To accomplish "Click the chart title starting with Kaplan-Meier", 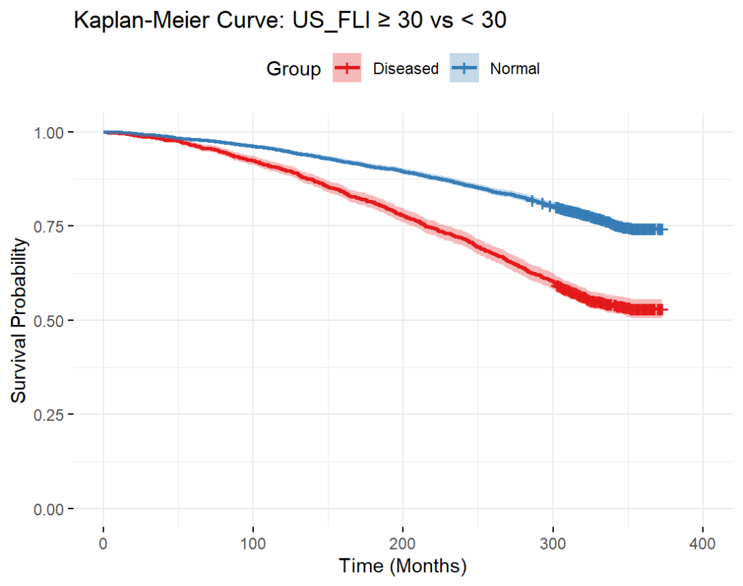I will [x=290, y=21].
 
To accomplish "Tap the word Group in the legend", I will [x=294, y=69].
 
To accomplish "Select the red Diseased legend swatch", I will [x=347, y=68].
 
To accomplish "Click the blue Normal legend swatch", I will [x=464, y=68].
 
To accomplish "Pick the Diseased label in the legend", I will [x=405, y=69].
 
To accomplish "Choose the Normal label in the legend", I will [x=515, y=69].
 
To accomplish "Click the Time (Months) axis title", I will [x=402, y=566].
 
